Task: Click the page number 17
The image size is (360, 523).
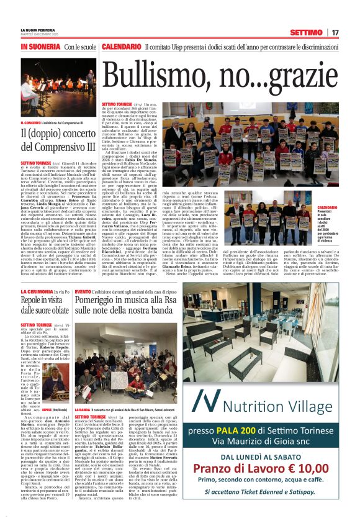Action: click(x=335, y=32)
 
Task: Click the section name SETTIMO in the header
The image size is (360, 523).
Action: click(x=307, y=32)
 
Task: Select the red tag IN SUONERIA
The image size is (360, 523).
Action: click(x=40, y=47)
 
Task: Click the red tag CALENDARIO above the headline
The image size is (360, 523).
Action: click(x=122, y=47)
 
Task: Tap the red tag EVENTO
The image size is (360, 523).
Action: click(x=83, y=291)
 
